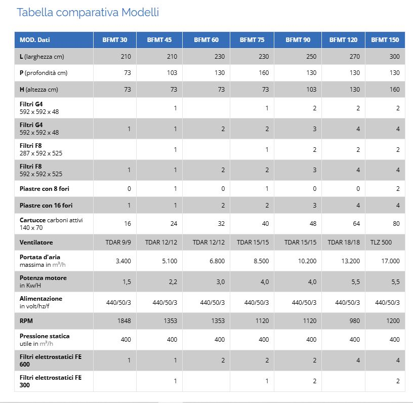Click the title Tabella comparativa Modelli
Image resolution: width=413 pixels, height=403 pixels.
click(88, 12)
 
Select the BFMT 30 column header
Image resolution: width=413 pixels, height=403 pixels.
click(115, 40)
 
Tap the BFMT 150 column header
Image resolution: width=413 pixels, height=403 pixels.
click(385, 40)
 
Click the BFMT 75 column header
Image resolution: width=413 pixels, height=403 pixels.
click(252, 40)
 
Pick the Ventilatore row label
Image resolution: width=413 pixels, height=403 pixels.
click(36, 243)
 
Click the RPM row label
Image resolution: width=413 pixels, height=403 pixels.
click(26, 321)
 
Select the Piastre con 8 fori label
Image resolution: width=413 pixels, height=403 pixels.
click(45, 189)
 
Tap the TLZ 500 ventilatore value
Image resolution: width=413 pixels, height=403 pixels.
click(381, 243)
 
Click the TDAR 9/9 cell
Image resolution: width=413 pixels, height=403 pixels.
click(118, 243)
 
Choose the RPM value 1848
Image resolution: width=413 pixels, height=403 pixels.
click(124, 321)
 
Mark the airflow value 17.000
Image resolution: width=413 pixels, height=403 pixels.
click(391, 261)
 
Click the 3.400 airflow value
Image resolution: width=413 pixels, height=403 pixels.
click(123, 261)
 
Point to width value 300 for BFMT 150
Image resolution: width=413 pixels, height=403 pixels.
click(395, 57)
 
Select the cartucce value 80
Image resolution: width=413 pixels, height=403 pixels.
click(396, 224)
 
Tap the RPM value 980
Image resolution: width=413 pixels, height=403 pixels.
click(355, 321)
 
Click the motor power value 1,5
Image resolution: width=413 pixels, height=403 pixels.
click(127, 282)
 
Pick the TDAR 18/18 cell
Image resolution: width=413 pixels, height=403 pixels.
click(344, 243)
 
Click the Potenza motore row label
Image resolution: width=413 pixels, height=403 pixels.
click(43, 281)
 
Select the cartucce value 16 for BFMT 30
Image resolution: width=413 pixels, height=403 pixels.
click(128, 224)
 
